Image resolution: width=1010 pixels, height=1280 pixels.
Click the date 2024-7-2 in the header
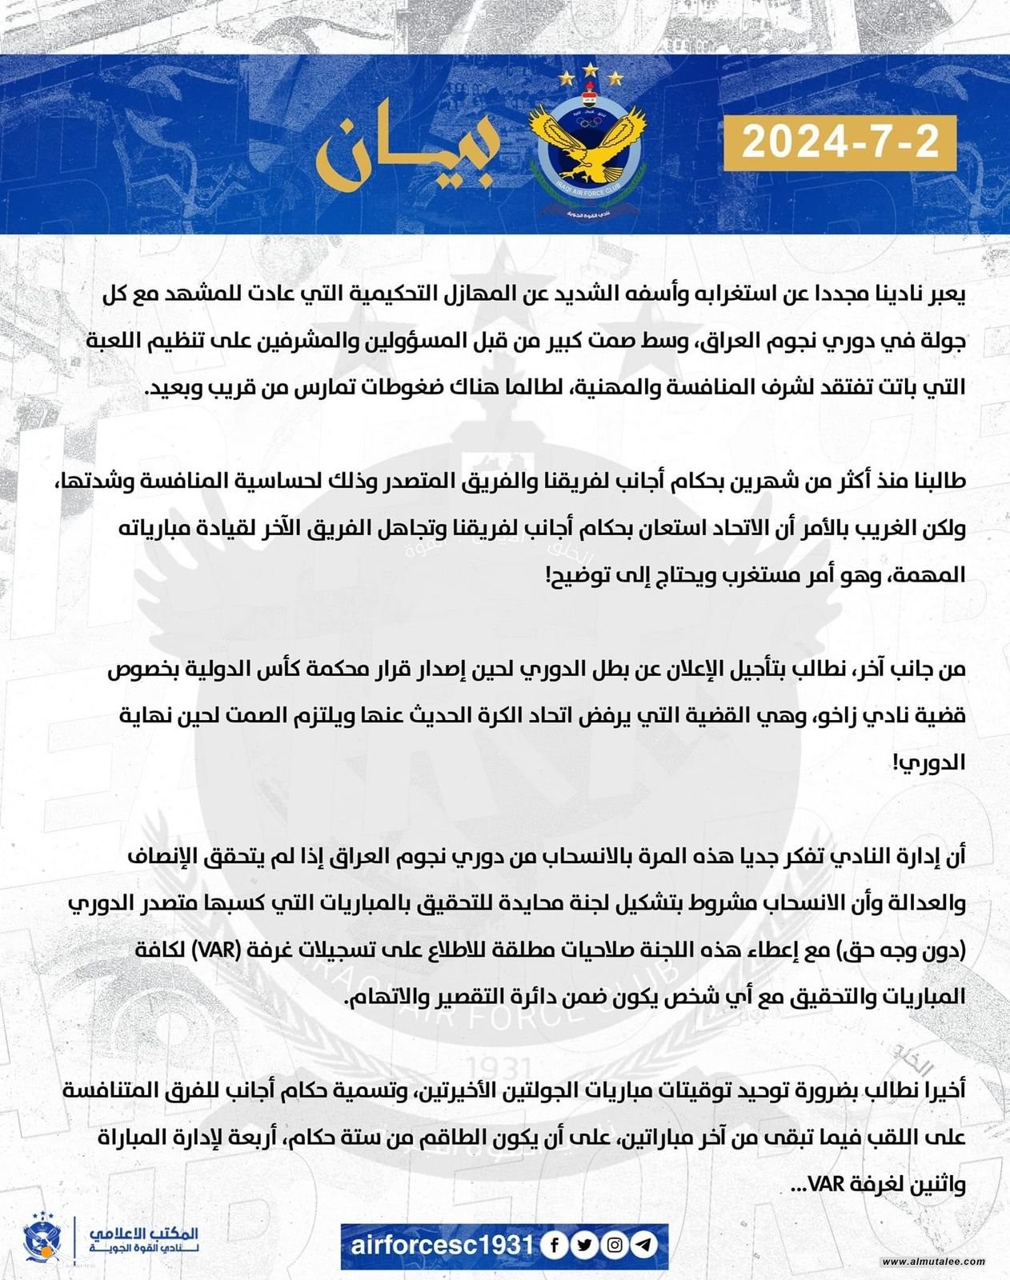(840, 142)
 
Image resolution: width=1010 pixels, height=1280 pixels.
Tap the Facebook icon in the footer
(554, 1246)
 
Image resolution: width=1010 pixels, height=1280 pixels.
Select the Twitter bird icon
(584, 1246)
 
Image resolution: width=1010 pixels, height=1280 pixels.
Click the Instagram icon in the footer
(615, 1246)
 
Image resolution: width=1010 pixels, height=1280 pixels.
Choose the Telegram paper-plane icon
(644, 1246)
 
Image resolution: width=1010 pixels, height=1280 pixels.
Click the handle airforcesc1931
(442, 1246)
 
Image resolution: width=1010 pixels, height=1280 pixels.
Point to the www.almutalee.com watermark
(933, 1262)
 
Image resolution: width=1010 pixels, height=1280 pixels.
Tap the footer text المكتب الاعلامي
(144, 1234)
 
